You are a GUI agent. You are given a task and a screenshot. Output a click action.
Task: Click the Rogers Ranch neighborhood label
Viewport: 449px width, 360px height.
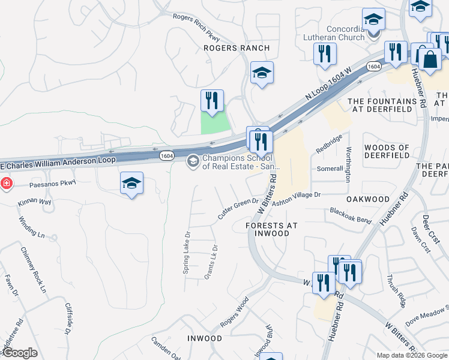click(231, 47)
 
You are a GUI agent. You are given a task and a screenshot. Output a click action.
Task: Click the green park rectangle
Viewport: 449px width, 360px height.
click(215, 122)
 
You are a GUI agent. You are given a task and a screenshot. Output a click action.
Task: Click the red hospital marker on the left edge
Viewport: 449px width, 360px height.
click(6, 182)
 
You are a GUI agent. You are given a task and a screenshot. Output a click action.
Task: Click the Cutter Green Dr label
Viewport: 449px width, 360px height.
click(238, 208)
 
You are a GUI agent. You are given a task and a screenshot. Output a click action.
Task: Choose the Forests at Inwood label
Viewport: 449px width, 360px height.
click(272, 229)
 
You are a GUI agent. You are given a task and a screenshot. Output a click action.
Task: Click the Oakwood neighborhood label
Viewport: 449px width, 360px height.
click(368, 199)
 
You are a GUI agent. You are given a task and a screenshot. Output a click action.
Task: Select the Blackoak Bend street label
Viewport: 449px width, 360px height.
click(351, 215)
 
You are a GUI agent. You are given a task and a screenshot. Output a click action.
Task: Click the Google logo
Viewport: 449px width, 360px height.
click(19, 353)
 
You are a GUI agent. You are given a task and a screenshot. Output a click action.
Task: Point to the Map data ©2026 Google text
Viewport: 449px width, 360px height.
click(411, 355)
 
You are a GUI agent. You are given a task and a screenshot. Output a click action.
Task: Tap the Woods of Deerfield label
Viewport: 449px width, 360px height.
click(387, 151)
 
